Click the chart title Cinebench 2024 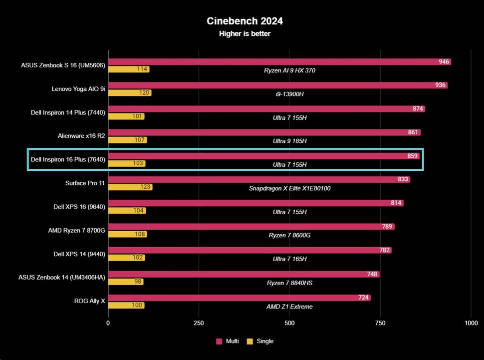244,21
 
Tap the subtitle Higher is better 244,34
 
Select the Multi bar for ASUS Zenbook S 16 279,62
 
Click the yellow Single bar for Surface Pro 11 130,187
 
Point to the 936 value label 440,85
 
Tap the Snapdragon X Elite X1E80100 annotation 289,188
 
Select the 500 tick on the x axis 289,323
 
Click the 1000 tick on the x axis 471,323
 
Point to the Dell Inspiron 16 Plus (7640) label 68,159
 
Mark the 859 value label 412,156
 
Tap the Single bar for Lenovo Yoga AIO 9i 130,93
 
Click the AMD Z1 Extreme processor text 289,307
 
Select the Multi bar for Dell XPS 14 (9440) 249,251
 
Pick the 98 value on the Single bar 138,282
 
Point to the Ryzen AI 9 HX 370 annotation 289,70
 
